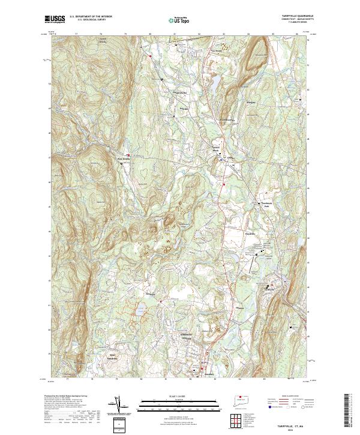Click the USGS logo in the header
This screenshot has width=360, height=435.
click(x=55, y=19)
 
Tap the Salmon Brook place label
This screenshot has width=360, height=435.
click(x=217, y=148)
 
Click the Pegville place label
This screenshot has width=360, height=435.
click(x=185, y=109)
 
